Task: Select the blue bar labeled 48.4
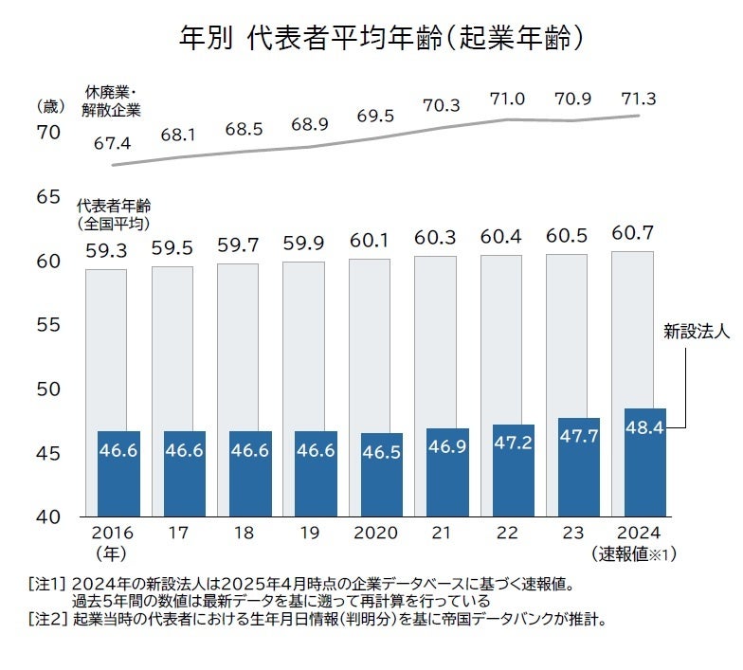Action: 644,462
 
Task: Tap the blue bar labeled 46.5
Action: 381,474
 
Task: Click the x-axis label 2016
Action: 114,534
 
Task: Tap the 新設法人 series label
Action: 697,333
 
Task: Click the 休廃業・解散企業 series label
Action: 112,101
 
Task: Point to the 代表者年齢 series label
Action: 114,214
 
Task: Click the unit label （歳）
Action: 47,104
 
